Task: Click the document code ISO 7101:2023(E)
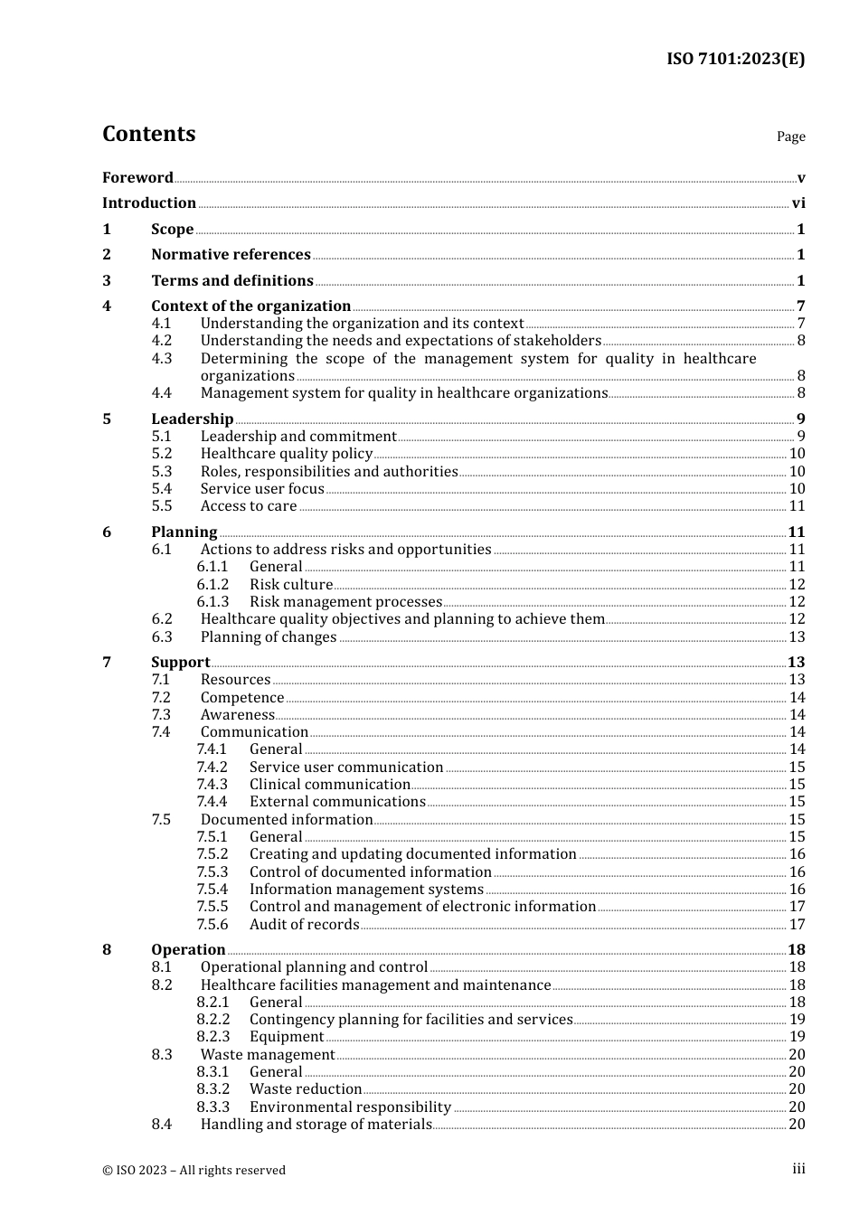735,59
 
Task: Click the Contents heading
148,134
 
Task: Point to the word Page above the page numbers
790,137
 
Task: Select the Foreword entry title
137,177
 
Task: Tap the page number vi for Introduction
798,203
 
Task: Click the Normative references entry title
231,255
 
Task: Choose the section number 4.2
161,341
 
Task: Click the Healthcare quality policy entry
286,454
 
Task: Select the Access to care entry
249,506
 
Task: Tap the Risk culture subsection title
291,585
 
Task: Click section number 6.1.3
212,602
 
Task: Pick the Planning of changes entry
269,637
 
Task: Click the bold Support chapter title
180,663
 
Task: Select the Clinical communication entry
330,785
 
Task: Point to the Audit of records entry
304,925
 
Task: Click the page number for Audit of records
797,925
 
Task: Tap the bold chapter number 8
107,949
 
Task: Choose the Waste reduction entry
306,1089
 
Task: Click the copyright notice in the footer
194,1170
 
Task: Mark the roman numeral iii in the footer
798,1169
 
